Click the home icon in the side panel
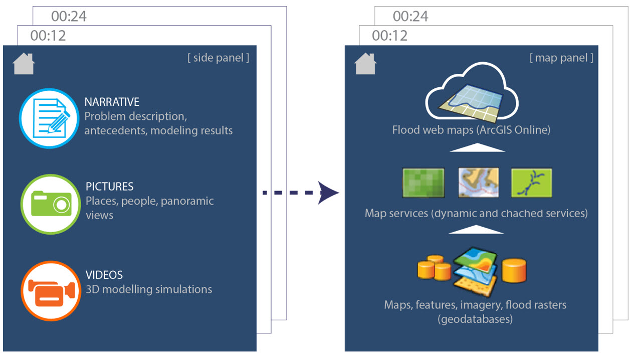click(24, 64)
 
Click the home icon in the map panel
click(365, 64)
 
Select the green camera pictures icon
click(50, 204)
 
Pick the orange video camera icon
click(50, 290)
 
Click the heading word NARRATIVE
click(112, 102)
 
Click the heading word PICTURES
click(109, 187)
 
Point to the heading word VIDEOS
click(104, 275)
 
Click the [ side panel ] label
click(218, 58)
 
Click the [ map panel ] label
click(561, 58)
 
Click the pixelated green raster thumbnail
click(423, 183)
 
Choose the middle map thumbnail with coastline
click(478, 183)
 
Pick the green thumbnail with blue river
click(531, 183)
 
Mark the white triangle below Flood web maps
click(477, 147)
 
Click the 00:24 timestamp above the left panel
click(69, 17)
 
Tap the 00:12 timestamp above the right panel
click(389, 36)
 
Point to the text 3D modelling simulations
click(149, 289)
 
